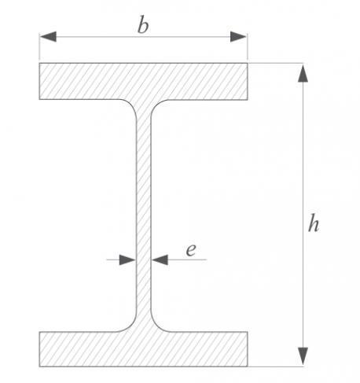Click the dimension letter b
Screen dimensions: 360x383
pyautogui.click(x=143, y=24)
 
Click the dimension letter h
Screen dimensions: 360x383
pyautogui.click(x=314, y=223)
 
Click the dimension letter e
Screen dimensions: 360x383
pyautogui.click(x=191, y=250)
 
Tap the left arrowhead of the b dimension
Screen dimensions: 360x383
pyautogui.click(x=48, y=37)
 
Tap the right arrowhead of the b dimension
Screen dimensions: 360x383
pyautogui.click(x=238, y=37)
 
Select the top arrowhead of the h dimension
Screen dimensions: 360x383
pyautogui.click(x=303, y=73)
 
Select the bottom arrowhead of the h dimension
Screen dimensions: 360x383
pyautogui.click(x=303, y=356)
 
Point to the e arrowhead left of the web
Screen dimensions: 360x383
pyautogui.click(x=127, y=260)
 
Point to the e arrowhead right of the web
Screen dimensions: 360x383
pyautogui.click(x=160, y=260)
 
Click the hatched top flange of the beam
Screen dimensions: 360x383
pyautogui.click(x=143, y=81)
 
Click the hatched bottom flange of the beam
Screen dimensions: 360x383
pyautogui.click(x=143, y=349)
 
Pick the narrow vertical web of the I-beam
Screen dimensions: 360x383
pyautogui.click(x=143, y=215)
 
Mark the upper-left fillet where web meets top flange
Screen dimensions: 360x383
pyautogui.click(x=131, y=105)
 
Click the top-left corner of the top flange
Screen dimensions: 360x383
pyautogui.click(x=39, y=63)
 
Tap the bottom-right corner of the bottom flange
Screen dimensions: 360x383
pyautogui.click(x=248, y=366)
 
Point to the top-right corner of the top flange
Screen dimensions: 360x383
pyautogui.click(x=248, y=63)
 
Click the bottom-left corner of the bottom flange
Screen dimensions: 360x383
pyautogui.click(x=39, y=366)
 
